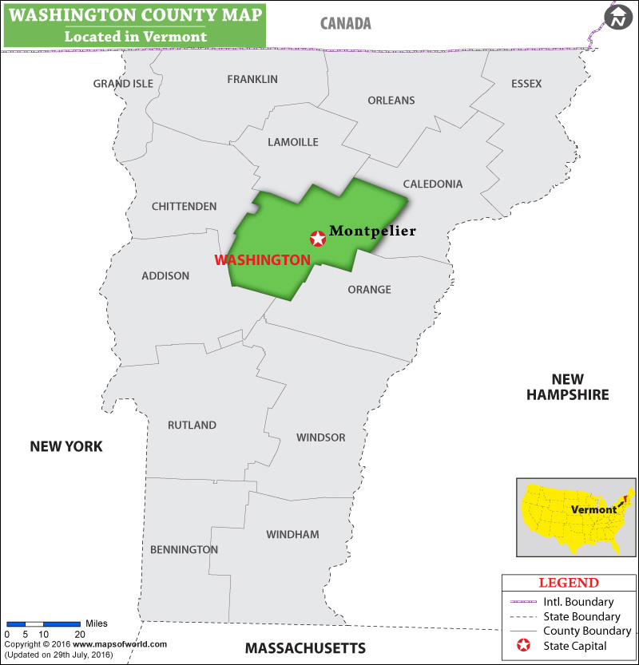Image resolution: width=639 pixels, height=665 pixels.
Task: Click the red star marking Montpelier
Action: click(318, 238)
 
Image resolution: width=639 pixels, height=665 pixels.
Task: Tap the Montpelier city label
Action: click(373, 231)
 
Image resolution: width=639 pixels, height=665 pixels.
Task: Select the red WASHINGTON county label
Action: click(262, 259)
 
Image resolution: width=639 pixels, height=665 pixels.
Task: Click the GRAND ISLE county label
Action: click(123, 84)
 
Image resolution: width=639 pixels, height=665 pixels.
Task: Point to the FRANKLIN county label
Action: click(252, 79)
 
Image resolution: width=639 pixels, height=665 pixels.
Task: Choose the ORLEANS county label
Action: click(391, 100)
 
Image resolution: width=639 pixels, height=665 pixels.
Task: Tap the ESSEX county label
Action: click(526, 84)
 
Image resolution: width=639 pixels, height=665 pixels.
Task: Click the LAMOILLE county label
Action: click(293, 142)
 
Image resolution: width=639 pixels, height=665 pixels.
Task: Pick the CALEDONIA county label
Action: click(432, 184)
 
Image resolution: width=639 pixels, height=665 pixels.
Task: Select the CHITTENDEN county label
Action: click(184, 206)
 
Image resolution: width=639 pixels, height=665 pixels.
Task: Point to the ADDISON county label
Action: click(165, 275)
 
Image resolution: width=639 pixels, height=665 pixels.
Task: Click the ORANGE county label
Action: click(369, 289)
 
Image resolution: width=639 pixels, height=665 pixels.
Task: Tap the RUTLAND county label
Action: click(192, 425)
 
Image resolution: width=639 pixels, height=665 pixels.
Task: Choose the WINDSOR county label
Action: click(321, 437)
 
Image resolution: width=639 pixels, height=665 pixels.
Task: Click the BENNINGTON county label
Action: click(184, 549)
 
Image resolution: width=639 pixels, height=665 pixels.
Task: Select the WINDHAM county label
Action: click(292, 534)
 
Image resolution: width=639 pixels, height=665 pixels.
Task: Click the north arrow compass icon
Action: click(618, 18)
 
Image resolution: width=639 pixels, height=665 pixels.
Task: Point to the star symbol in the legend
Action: click(524, 645)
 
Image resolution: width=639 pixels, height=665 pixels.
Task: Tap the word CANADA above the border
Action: click(346, 23)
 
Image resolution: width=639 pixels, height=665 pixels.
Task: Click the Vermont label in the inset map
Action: click(593, 509)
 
